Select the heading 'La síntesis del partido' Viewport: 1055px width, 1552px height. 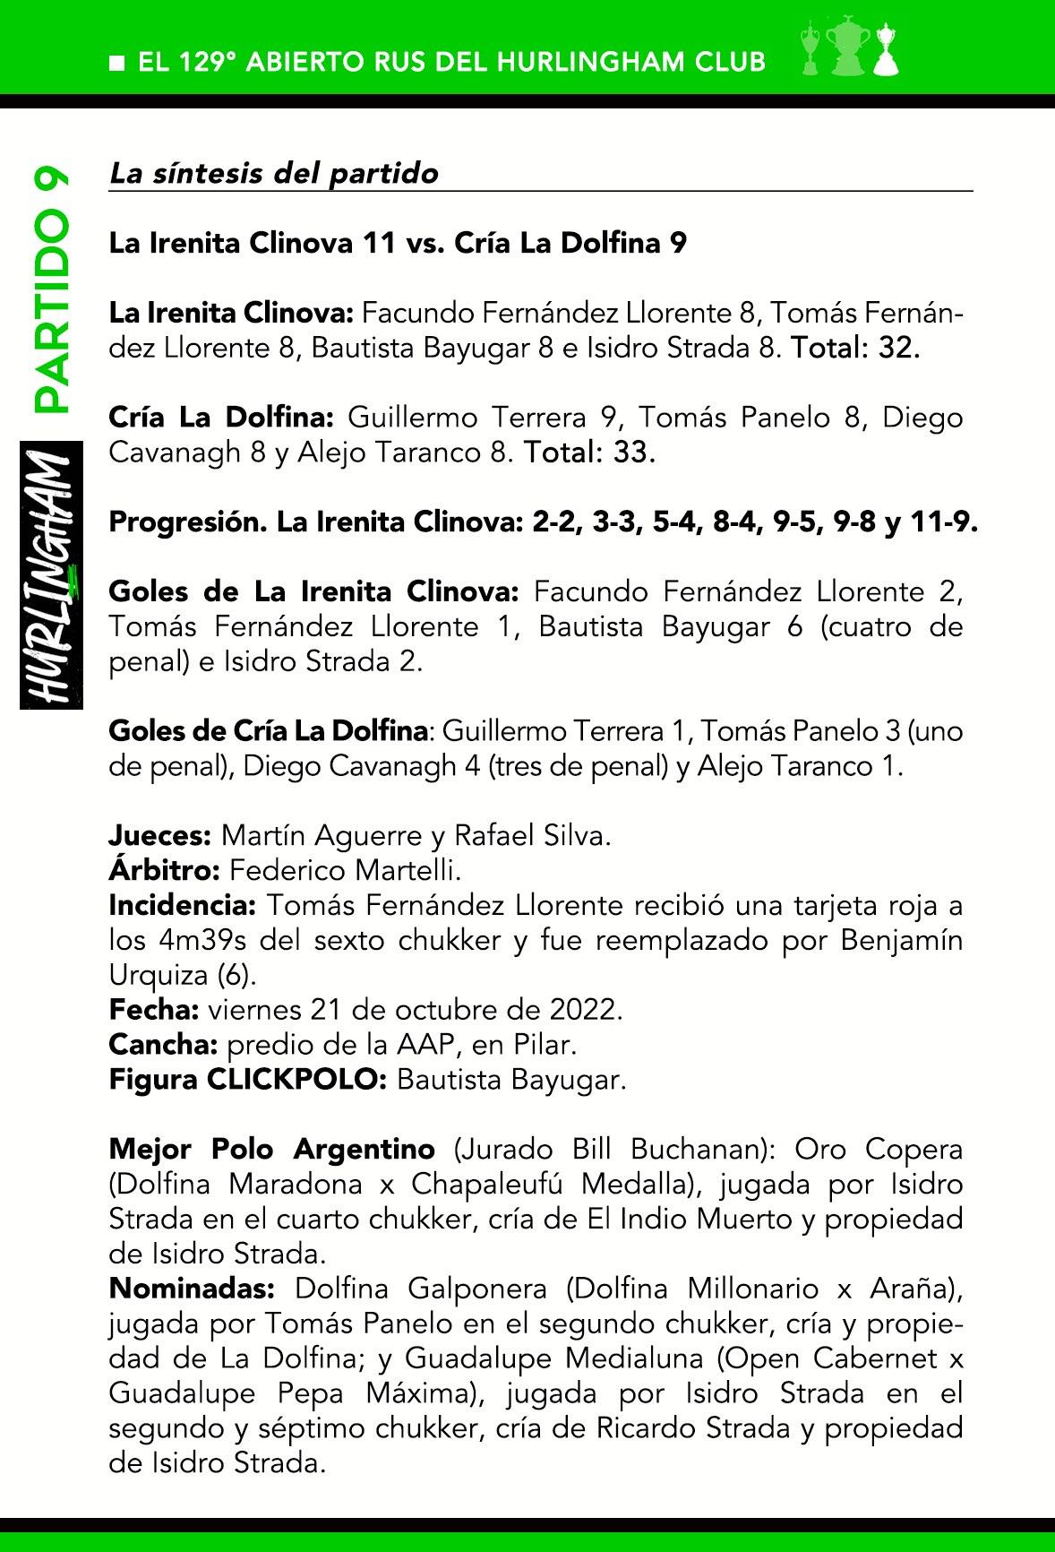tap(273, 173)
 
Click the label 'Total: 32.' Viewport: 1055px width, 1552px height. tap(854, 349)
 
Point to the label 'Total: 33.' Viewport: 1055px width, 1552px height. tap(589, 453)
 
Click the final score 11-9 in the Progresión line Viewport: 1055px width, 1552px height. tap(942, 522)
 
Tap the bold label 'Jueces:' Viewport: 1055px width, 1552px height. tap(159, 836)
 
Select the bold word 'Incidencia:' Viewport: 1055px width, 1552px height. tap(182, 905)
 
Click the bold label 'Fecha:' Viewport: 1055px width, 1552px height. tap(153, 1010)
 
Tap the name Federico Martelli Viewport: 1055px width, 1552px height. tap(345, 870)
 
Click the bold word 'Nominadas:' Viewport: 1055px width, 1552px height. tap(191, 1289)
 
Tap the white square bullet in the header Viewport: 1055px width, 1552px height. tap(116, 63)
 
